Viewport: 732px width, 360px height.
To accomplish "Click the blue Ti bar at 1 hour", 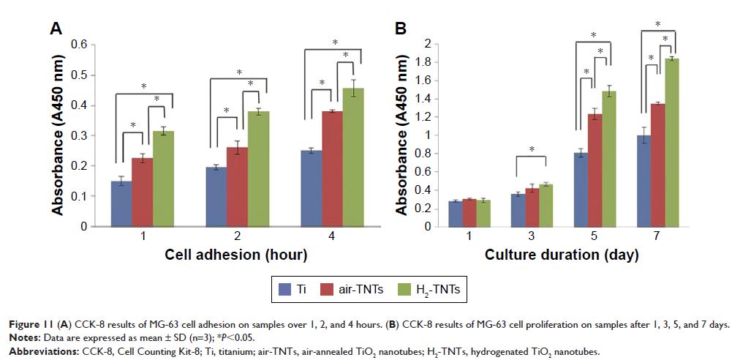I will (x=121, y=204).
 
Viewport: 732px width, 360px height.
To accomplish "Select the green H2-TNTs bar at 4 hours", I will (x=354, y=157).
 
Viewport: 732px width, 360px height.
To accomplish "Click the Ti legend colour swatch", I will (x=282, y=290).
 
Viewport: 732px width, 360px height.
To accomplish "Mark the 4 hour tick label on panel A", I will (x=333, y=238).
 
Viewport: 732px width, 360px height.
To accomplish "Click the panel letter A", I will (x=55, y=29).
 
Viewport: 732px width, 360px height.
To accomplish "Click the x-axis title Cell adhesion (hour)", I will (x=235, y=255).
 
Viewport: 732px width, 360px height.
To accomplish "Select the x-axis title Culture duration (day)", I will (x=562, y=255).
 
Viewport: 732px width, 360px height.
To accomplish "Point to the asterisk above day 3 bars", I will (x=532, y=150).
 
